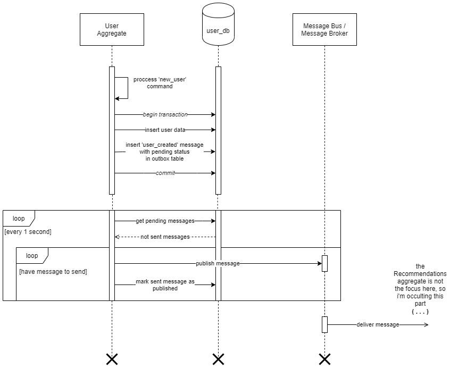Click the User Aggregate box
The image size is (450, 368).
coord(112,30)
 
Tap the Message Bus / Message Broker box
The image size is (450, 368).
coord(324,30)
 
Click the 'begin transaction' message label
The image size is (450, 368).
coord(165,114)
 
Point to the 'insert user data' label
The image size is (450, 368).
coord(165,130)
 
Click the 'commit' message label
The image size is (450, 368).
coord(165,173)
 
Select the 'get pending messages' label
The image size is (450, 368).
coord(165,221)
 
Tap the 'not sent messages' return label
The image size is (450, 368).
coord(165,237)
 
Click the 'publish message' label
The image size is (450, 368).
coord(218,263)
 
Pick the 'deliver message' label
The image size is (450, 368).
coord(378,324)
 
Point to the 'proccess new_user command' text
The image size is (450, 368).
coord(160,83)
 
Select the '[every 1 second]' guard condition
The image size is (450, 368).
coord(28,232)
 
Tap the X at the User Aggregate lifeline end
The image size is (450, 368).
coord(112,359)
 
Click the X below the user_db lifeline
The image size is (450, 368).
coord(218,359)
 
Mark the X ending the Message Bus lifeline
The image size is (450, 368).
coord(324,359)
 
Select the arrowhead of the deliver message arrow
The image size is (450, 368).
coord(426,324)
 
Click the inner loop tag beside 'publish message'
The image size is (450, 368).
coord(31,255)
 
